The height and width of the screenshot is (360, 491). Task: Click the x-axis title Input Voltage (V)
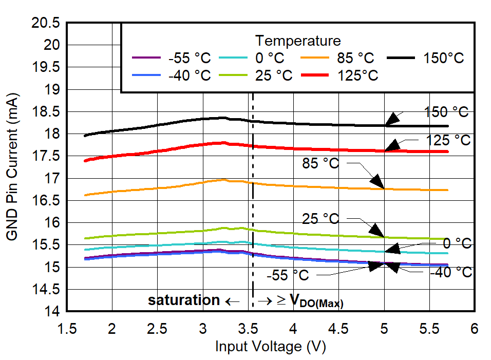(x=271, y=347)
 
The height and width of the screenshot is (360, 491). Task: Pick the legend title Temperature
(x=298, y=40)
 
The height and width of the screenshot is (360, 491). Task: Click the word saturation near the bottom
(x=184, y=300)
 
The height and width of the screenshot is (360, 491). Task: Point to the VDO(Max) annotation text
(x=316, y=301)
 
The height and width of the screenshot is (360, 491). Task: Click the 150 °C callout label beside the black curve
(x=447, y=112)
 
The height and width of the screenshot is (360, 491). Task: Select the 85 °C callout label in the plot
(x=320, y=164)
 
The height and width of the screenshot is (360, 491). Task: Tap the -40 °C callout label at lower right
(x=450, y=272)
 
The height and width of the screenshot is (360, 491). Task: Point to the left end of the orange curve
(x=85, y=195)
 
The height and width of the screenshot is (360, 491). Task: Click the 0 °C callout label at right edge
(x=457, y=243)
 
